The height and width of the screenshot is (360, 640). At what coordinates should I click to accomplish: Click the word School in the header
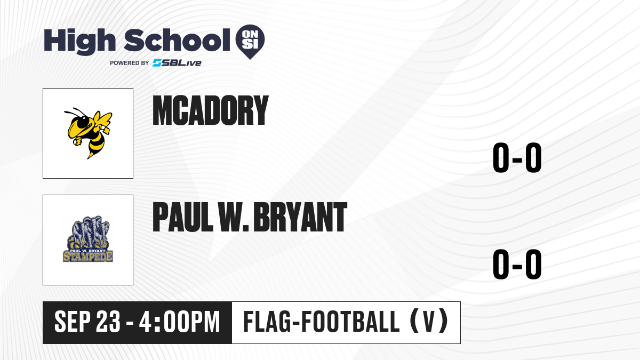click(x=177, y=39)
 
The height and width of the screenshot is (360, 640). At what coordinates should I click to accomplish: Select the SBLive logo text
click(x=177, y=62)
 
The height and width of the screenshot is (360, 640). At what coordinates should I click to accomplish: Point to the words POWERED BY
click(x=130, y=63)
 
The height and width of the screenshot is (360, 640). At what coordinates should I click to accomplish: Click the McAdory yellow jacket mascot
click(x=89, y=133)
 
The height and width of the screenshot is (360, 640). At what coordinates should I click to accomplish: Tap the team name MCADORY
click(x=211, y=110)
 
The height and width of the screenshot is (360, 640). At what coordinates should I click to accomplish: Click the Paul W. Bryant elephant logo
click(x=88, y=239)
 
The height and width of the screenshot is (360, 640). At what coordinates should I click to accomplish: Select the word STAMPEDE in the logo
click(x=88, y=257)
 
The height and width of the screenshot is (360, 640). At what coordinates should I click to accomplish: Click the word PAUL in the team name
click(x=183, y=217)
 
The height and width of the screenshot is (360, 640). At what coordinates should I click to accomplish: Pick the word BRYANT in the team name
click(x=300, y=217)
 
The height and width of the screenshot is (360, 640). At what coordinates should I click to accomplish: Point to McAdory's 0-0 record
click(x=517, y=158)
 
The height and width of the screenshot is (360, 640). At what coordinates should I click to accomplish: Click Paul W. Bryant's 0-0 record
click(x=517, y=265)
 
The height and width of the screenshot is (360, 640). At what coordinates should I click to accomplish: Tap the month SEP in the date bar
click(x=73, y=322)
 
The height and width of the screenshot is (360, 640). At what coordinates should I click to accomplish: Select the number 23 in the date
click(x=108, y=322)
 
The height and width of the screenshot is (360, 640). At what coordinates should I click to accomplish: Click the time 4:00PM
click(x=179, y=322)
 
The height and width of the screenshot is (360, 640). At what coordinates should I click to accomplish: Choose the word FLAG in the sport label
click(x=267, y=322)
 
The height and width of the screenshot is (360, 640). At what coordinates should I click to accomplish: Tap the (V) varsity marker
click(x=429, y=322)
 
